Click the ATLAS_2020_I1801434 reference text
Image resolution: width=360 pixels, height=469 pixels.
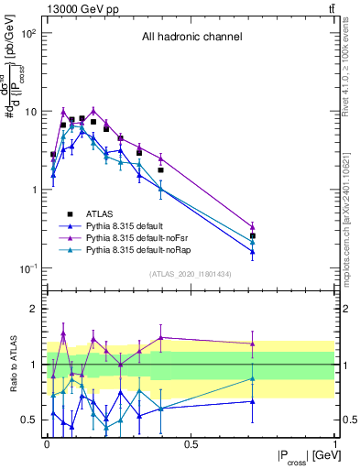point(191,274)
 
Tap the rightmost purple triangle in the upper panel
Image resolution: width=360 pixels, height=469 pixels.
point(253,226)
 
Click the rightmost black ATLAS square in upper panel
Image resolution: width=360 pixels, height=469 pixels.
point(253,235)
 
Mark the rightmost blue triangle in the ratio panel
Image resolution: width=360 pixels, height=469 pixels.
point(253,401)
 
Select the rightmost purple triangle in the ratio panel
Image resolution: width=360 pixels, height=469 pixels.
point(253,344)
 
